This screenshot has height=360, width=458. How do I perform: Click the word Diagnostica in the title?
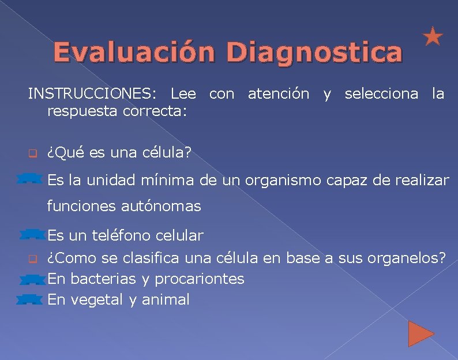pos(314,52)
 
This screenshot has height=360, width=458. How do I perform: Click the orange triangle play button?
pos(421,333)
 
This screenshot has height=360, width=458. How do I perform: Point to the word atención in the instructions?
pos(278,93)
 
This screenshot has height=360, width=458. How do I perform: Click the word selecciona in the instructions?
pos(381,93)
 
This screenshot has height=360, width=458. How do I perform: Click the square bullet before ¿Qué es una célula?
pos(33,154)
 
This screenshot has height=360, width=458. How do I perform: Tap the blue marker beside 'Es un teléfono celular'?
pos(32,234)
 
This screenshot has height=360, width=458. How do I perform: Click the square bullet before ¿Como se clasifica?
pos(33,257)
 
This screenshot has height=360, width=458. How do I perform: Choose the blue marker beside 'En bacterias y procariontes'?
pos(31,279)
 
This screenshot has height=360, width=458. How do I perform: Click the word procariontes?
pos(200,279)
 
